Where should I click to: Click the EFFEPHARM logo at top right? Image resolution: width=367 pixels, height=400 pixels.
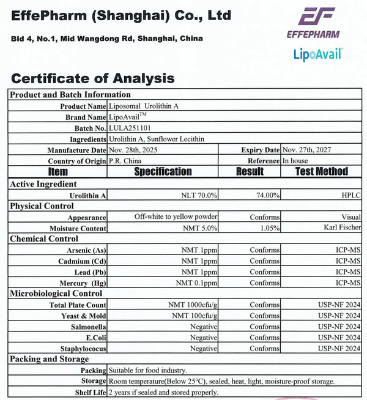(x=313, y=23)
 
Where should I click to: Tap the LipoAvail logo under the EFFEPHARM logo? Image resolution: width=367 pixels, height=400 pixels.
(x=317, y=54)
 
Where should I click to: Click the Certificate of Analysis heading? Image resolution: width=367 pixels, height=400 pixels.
(x=93, y=78)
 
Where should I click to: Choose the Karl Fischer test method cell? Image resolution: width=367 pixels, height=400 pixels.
(x=342, y=228)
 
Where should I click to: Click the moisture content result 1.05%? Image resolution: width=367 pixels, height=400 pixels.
(x=269, y=228)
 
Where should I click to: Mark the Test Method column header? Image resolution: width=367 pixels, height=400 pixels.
(x=321, y=172)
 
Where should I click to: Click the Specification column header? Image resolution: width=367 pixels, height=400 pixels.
(x=163, y=172)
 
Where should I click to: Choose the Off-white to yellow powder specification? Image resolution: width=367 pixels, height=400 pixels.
(x=176, y=217)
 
